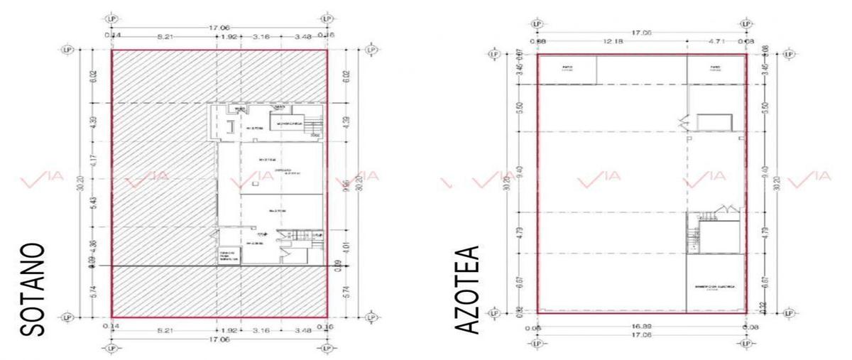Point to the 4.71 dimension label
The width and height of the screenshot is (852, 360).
coord(716,41)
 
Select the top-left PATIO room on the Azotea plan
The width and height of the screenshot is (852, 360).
coord(567,69)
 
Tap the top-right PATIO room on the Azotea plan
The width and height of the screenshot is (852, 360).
coord(716,69)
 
